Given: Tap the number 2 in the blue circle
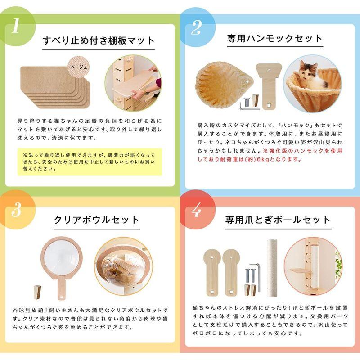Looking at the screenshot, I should click(x=196, y=27).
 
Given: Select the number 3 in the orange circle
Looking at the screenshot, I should click(x=16, y=210).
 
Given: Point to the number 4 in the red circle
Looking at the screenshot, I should click(x=196, y=210).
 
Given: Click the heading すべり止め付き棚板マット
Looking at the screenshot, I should click(x=99, y=40).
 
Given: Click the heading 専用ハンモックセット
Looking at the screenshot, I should click(x=275, y=39).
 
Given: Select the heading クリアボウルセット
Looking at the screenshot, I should click(x=96, y=220).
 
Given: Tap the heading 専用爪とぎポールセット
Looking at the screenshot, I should click(x=278, y=220).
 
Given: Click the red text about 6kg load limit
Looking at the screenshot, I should click(x=270, y=155).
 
